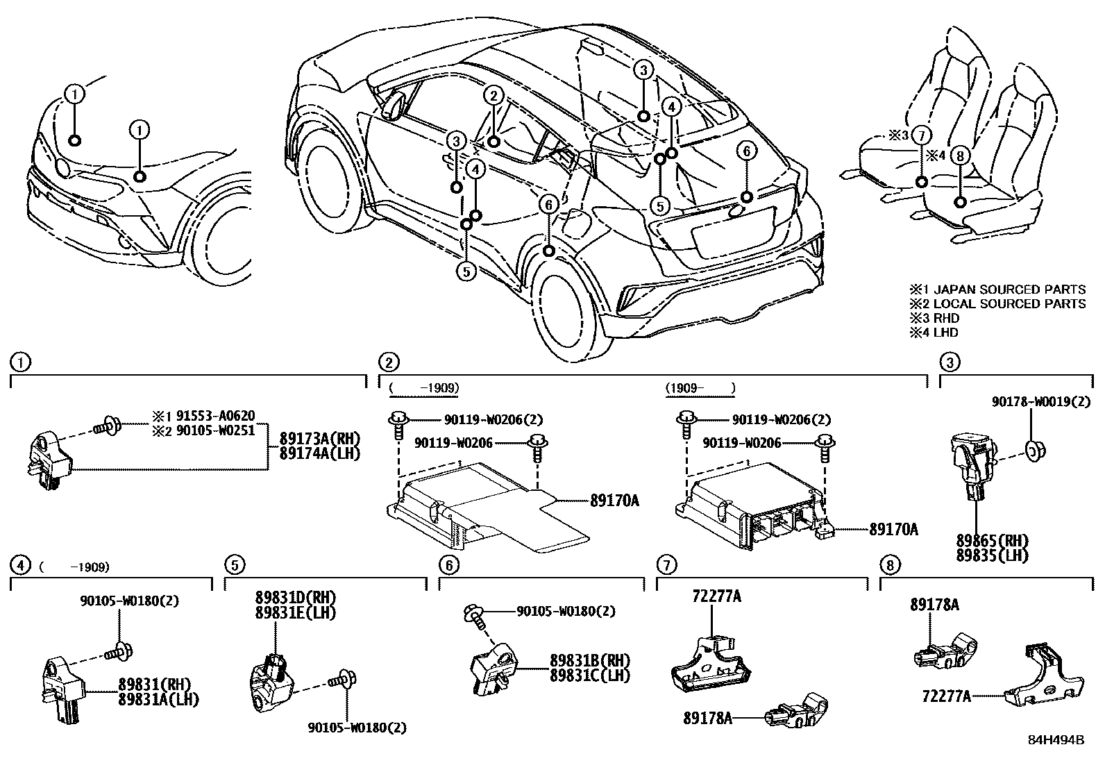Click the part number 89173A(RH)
tap(320, 439)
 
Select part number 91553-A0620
tap(215, 416)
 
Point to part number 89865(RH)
tap(990, 542)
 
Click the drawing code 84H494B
tap(1056, 740)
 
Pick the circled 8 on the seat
tap(960, 156)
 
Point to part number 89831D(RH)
tap(296, 598)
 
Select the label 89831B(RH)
tap(589, 660)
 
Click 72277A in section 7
tap(716, 596)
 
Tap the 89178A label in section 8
tap(934, 605)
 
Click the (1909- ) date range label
tap(700, 387)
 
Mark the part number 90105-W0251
tap(215, 430)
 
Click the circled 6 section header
tap(448, 565)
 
